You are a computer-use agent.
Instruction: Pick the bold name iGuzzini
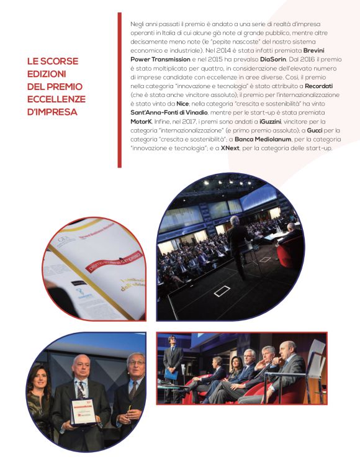click(x=263, y=123)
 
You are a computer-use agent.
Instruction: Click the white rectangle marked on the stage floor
click(x=222, y=292)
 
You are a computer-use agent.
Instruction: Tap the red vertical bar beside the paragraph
click(x=119, y=90)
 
